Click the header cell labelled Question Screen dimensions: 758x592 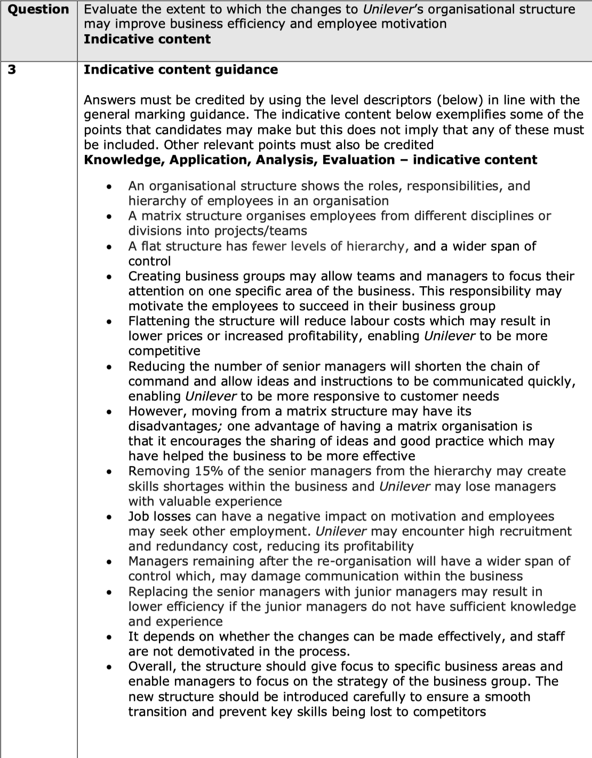[x=38, y=10]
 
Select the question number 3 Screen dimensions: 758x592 [x=12, y=70]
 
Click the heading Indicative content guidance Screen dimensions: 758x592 [x=181, y=70]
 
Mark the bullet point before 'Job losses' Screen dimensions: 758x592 [x=109, y=517]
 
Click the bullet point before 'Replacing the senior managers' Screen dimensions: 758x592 [x=109, y=593]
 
